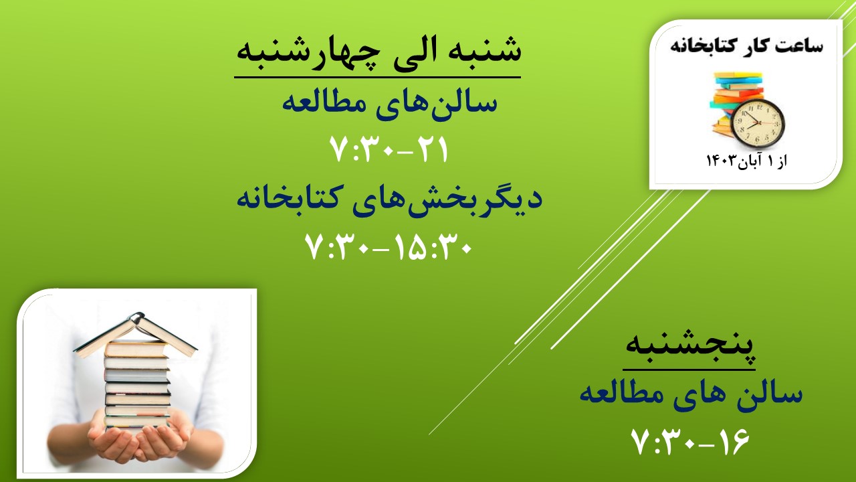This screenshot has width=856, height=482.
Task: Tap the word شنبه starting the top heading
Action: (481, 50)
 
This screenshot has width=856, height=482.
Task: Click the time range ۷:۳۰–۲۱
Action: (389, 149)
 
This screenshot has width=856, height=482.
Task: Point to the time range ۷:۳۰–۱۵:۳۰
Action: (389, 247)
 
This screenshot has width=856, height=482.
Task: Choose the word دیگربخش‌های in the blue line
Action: (447, 199)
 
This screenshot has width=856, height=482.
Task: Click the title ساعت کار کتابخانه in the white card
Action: (746, 46)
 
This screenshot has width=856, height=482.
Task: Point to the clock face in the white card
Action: (758, 123)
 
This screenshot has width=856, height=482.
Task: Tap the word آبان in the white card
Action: (750, 161)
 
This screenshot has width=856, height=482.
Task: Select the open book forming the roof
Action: (136, 335)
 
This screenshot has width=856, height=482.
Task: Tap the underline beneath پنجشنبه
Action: (689, 370)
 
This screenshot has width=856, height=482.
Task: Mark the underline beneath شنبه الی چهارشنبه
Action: (378, 77)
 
